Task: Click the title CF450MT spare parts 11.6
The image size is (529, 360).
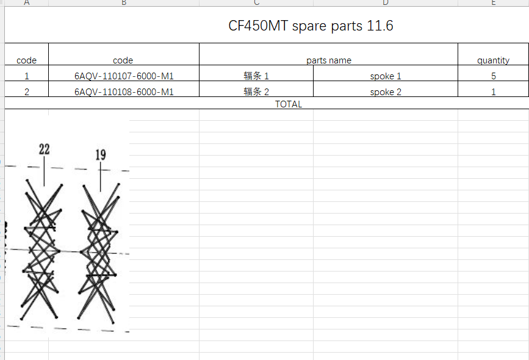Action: pos(311,26)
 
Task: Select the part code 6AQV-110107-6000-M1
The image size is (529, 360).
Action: pos(124,76)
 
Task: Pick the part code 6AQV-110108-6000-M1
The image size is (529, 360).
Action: pos(124,92)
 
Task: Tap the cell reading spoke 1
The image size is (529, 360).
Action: pos(386,76)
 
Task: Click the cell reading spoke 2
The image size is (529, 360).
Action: pos(386,92)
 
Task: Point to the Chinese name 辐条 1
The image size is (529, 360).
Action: pos(256,76)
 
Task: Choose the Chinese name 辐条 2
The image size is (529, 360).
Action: pos(256,92)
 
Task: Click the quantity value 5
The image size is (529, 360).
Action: pos(493,76)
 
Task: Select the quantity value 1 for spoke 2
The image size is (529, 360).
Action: pos(493,92)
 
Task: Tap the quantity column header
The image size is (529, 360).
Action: pos(493,60)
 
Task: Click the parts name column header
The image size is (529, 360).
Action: pos(329,60)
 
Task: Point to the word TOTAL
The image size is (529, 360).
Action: pos(289,104)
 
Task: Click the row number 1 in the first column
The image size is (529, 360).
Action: pos(26,76)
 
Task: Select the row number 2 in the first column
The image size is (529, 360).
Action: pos(26,92)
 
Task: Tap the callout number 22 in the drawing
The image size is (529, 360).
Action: pos(45,149)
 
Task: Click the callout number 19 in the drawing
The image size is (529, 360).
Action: pos(101,155)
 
